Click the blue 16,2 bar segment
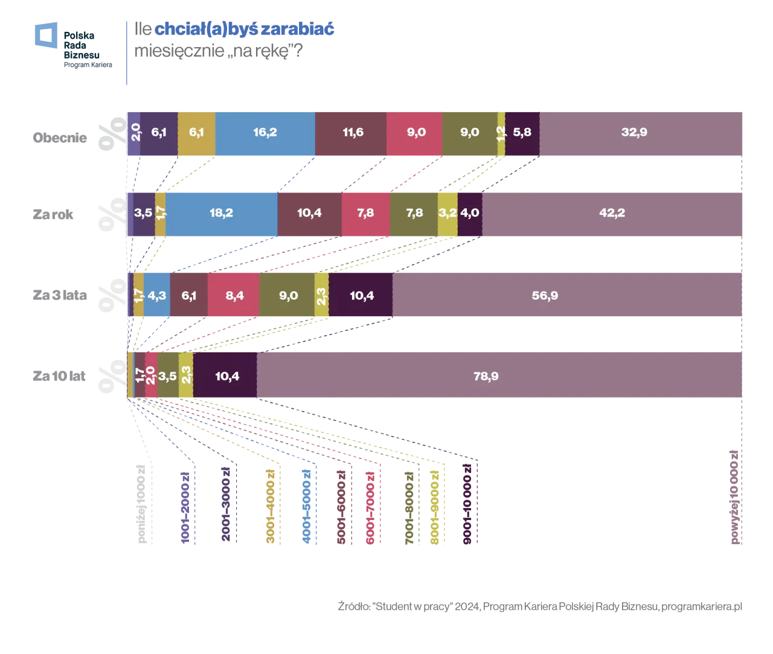coord(265,133)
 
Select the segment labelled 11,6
coord(351,133)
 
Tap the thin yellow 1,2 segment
coord(501,133)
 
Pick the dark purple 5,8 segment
coord(522,133)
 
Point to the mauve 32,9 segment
coord(640,133)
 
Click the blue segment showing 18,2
coord(222,214)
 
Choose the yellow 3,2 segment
coord(447,214)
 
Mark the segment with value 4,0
coord(470,214)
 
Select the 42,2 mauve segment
coord(612,214)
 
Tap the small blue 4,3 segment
coord(157,295)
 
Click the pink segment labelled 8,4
coord(233,295)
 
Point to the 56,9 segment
coord(568,295)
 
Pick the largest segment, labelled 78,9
coord(499,376)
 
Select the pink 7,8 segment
coord(365,214)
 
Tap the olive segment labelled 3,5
coord(168,376)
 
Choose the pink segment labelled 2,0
coord(151,376)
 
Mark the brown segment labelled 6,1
coord(188,295)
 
